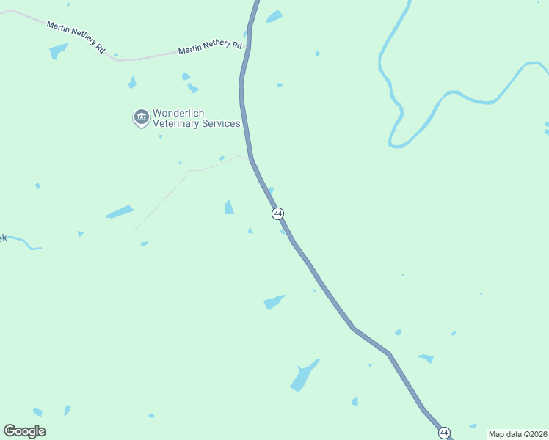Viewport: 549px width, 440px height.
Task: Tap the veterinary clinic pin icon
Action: point(141,117)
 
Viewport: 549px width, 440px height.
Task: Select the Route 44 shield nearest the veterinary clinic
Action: point(277,213)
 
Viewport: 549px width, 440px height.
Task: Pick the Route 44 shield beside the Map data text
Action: point(444,433)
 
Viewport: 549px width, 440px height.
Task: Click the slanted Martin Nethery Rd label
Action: point(76,36)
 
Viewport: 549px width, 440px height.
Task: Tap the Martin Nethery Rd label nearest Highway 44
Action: point(210,48)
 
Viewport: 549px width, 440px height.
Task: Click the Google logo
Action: point(25,431)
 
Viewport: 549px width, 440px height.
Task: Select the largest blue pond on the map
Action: point(302,376)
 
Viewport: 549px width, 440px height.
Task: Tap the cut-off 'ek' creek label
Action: point(3,238)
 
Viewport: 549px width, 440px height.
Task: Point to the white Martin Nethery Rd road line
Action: point(147,57)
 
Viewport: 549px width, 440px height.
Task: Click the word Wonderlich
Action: point(178,113)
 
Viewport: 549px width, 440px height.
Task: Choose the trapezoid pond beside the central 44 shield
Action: point(229,208)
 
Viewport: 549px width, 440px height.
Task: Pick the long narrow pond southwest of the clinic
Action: point(120,212)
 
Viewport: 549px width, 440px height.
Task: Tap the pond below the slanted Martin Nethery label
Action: point(58,51)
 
